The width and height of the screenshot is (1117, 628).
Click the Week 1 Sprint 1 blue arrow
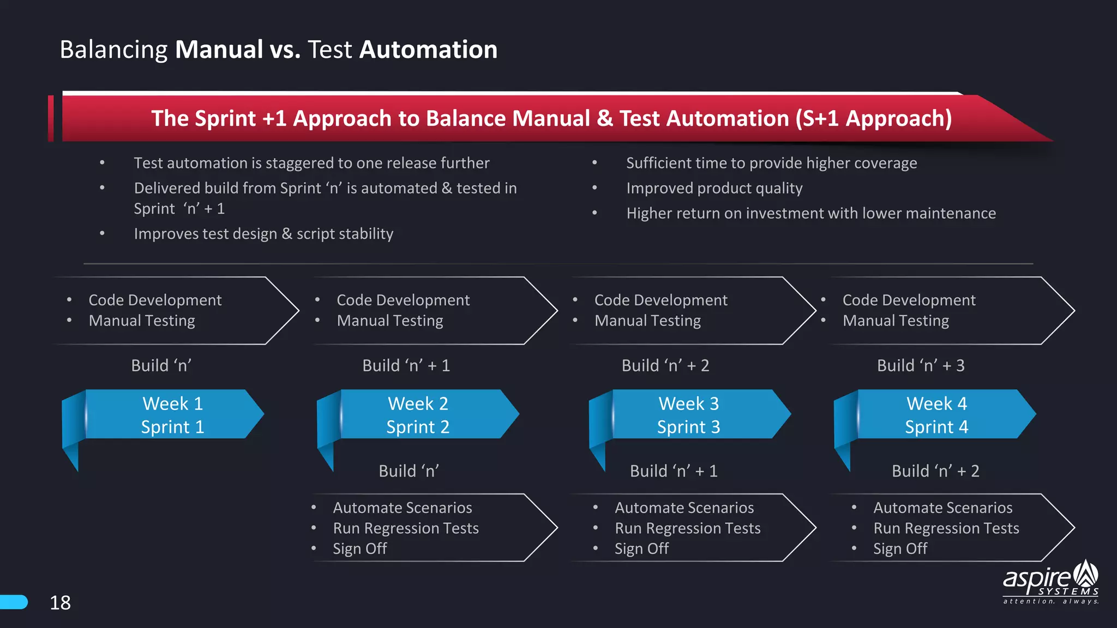pyautogui.click(x=172, y=414)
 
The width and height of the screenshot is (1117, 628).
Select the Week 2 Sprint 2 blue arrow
pyautogui.click(x=418, y=414)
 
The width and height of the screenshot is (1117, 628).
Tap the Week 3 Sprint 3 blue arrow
pyautogui.click(x=688, y=414)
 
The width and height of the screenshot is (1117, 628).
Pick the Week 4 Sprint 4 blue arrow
pyautogui.click(x=936, y=414)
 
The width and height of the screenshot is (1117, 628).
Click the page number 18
pyautogui.click(x=60, y=603)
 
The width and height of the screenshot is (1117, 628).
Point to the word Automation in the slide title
pyautogui.click(x=428, y=50)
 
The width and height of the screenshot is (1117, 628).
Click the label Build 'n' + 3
pyautogui.click(x=920, y=365)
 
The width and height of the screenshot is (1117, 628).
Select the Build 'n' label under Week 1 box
pyautogui.click(x=161, y=365)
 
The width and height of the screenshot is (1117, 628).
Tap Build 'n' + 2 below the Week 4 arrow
pyautogui.click(x=935, y=471)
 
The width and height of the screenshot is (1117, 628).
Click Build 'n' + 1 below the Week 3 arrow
pyautogui.click(x=674, y=471)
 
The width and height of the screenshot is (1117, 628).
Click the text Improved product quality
pyautogui.click(x=714, y=188)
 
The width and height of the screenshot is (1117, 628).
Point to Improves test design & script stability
pyautogui.click(x=263, y=234)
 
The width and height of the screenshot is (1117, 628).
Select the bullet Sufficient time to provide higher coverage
pyautogui.click(x=771, y=163)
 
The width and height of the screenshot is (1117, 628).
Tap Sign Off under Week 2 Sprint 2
pyautogui.click(x=359, y=548)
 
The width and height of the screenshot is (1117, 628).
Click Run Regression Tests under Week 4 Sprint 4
pyautogui.click(x=946, y=528)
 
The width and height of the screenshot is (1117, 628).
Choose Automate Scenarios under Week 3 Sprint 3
pyautogui.click(x=684, y=508)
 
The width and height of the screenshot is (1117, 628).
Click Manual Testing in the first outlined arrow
pyautogui.click(x=142, y=321)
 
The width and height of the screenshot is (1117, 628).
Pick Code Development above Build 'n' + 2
pyautogui.click(x=660, y=300)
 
